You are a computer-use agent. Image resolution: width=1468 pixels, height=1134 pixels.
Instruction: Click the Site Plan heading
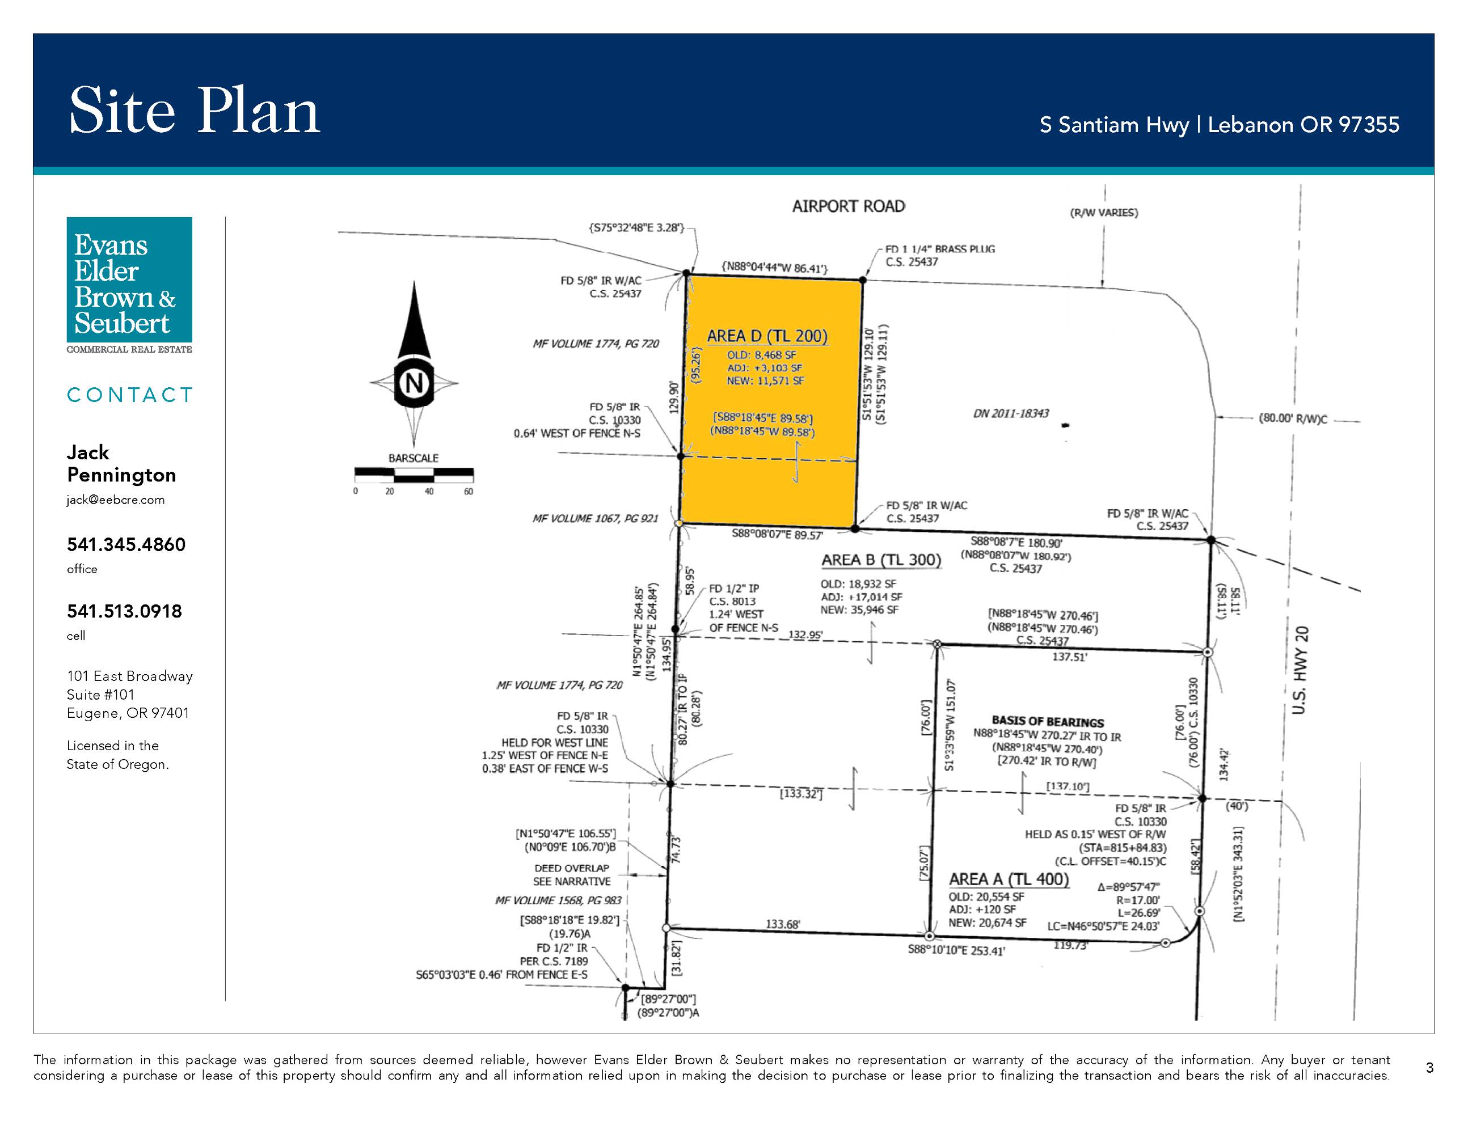[x=195, y=111]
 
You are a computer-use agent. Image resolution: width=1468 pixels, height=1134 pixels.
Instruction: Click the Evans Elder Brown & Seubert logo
[x=129, y=285]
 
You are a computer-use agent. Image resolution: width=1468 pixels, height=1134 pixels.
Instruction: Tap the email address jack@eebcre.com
[x=116, y=500]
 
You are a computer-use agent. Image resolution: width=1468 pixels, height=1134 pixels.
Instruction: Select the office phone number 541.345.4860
[x=126, y=544]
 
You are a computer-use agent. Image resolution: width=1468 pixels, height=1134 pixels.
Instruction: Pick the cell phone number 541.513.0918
[x=124, y=611]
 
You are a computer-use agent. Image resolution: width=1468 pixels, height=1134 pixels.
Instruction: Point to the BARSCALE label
[x=414, y=458]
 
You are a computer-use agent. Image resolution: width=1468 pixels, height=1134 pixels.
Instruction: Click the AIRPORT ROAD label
[x=848, y=206]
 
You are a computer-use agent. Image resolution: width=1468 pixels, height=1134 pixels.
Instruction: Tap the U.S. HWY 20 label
[x=1300, y=670]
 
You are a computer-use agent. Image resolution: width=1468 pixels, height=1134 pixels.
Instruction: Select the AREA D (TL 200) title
[x=767, y=336]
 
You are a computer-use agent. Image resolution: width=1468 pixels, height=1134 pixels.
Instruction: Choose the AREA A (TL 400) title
[x=1008, y=879]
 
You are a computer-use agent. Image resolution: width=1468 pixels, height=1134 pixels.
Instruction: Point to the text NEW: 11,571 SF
[x=765, y=381]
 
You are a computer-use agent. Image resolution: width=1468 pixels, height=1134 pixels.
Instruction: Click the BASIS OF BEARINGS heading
[x=1047, y=722]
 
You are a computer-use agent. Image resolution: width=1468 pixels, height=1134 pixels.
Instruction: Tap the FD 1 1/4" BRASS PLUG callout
[x=940, y=248]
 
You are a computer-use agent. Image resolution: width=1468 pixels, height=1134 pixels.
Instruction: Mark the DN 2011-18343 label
[x=1011, y=413]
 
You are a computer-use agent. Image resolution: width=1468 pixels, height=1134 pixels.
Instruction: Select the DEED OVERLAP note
[x=572, y=868]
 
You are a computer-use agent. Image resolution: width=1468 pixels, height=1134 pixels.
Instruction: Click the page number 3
[x=1429, y=1068]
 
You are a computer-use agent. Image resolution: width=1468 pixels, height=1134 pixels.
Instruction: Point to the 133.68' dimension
[x=783, y=924]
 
